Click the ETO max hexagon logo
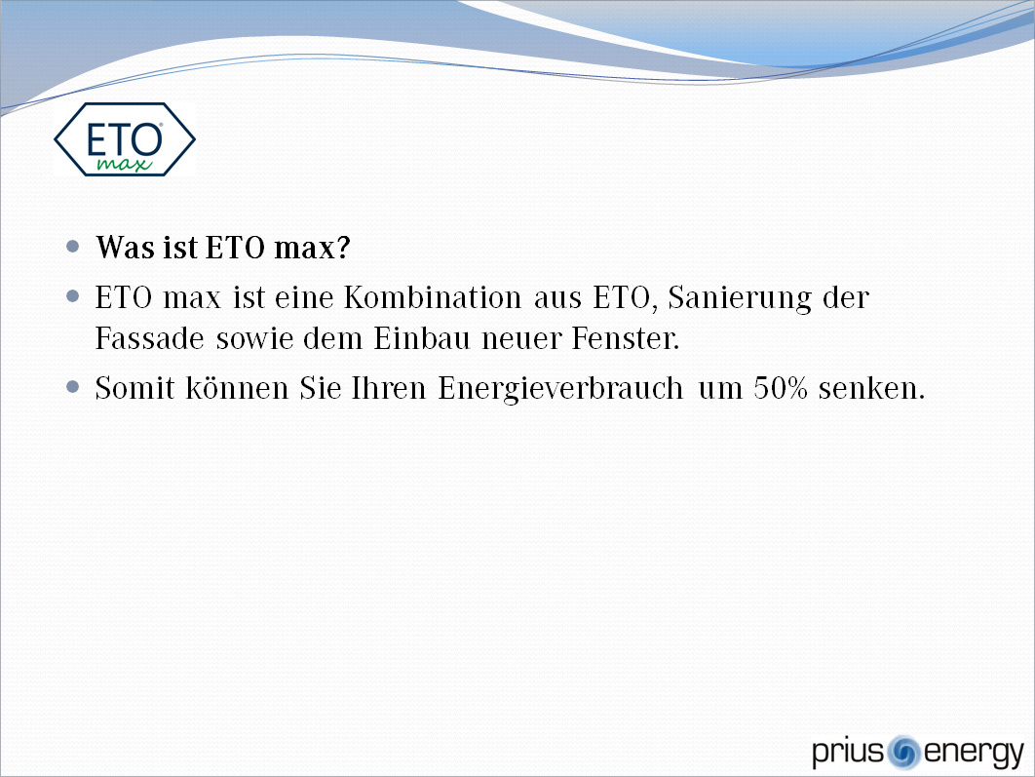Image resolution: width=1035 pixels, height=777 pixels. click(x=125, y=139)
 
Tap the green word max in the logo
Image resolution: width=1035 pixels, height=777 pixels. click(x=124, y=163)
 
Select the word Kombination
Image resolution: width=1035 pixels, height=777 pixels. click(x=433, y=297)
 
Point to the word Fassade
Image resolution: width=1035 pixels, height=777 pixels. click(x=150, y=338)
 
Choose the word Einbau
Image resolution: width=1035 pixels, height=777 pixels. click(x=422, y=338)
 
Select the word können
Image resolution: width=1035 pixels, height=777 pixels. click(x=237, y=387)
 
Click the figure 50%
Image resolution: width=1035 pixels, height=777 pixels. click(x=781, y=387)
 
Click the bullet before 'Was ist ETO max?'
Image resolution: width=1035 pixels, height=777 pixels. click(x=73, y=247)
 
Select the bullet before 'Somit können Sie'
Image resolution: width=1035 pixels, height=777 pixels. click(x=73, y=387)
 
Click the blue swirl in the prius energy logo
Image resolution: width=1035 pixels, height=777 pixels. click(x=903, y=752)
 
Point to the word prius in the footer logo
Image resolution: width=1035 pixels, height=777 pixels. click(x=848, y=753)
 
